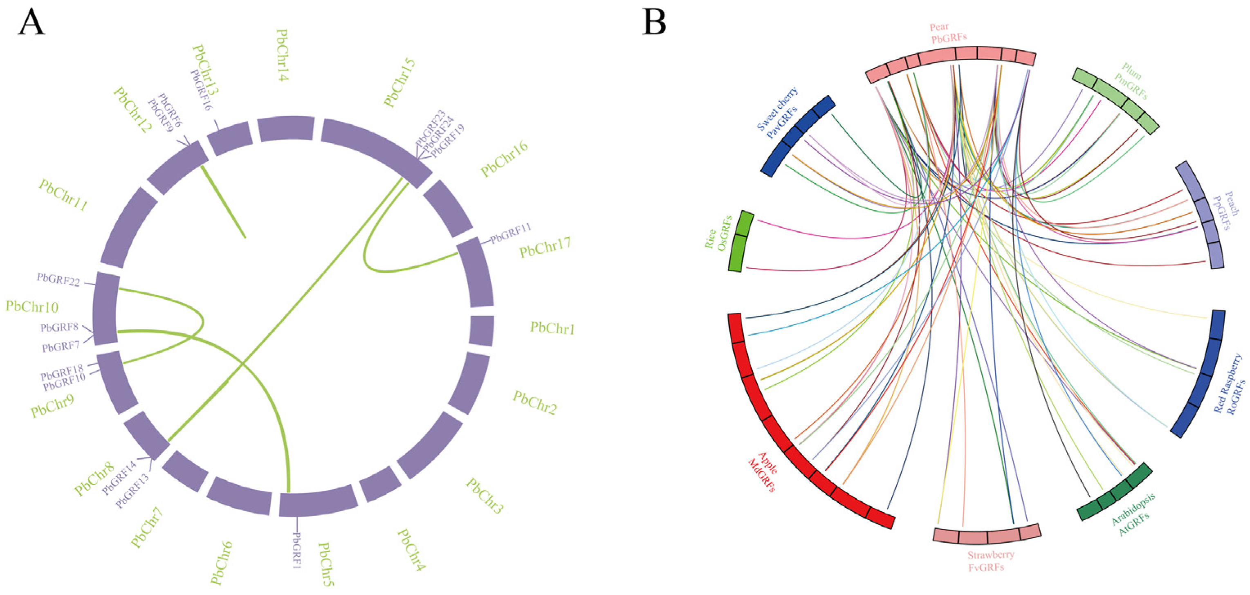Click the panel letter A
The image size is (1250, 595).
click(x=31, y=23)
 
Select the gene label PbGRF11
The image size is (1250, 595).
click(x=510, y=234)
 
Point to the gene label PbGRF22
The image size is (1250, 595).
click(x=58, y=280)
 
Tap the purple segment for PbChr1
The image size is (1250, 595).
click(x=481, y=331)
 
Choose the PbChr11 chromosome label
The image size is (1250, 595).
click(x=63, y=195)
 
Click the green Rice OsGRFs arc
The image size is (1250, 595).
click(x=741, y=241)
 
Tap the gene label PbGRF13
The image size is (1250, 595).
click(x=132, y=491)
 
